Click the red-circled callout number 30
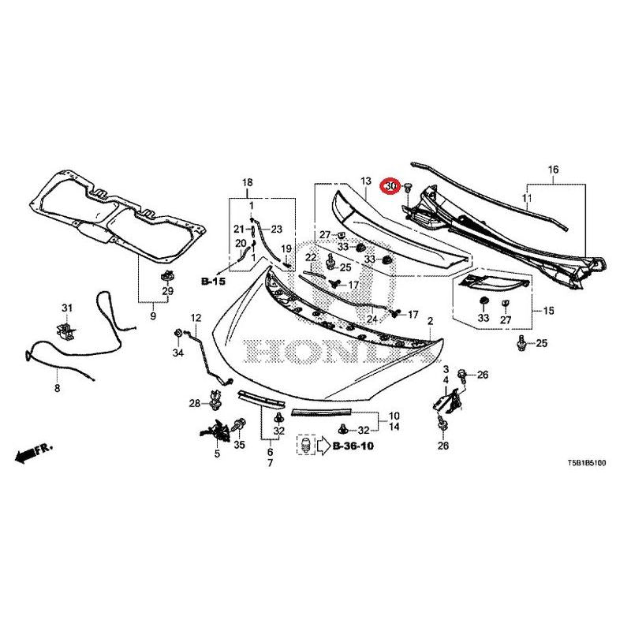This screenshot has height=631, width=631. click(389, 185)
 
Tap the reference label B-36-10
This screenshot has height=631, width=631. click(353, 446)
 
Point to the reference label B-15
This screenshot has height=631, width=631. click(213, 281)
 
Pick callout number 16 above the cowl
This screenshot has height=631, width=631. click(553, 170)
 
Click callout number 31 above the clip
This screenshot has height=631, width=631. click(67, 308)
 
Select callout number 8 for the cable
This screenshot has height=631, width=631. click(57, 388)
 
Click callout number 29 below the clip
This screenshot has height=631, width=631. click(167, 292)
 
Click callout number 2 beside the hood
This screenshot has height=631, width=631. click(430, 321)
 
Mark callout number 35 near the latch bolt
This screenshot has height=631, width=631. click(240, 446)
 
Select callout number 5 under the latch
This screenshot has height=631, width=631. click(217, 454)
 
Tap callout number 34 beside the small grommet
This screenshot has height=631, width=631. click(178, 353)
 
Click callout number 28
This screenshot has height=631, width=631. click(194, 404)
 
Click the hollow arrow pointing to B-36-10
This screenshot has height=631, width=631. click(324, 446)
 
